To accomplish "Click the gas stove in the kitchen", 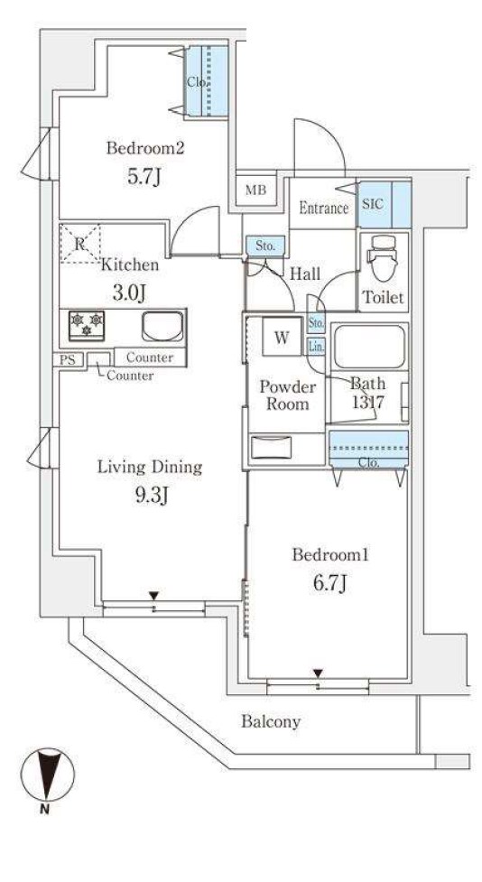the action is click(x=87, y=326).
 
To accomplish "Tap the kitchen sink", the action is click(x=162, y=326).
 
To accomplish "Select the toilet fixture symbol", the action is click(x=383, y=258).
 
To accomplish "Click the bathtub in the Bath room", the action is click(x=368, y=346).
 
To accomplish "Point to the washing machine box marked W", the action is click(x=282, y=337).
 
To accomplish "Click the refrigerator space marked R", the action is click(x=79, y=244).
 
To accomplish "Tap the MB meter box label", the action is click(x=255, y=190).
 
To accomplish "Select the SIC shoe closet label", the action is click(x=373, y=203).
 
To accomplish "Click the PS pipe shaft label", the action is click(x=68, y=360).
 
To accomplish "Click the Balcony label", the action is click(x=271, y=721).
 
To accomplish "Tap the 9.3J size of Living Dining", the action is click(x=150, y=495).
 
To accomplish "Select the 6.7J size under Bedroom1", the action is click(x=329, y=583).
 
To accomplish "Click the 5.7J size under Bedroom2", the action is click(x=144, y=177).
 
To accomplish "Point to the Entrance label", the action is click(x=323, y=209).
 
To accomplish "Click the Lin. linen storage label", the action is click(x=316, y=347).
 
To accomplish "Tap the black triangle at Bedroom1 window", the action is click(x=319, y=673).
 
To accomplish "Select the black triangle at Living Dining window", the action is click(x=153, y=596).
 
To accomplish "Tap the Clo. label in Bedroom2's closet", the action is click(x=198, y=82).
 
